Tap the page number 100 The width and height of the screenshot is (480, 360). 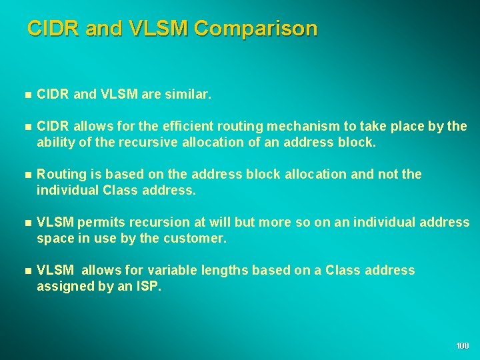pyautogui.click(x=463, y=345)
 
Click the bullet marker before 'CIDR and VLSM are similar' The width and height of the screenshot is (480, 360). pyautogui.click(x=27, y=95)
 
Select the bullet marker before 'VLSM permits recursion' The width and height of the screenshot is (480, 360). pyautogui.click(x=27, y=222)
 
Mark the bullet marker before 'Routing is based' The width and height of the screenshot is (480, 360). pyautogui.click(x=27, y=174)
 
